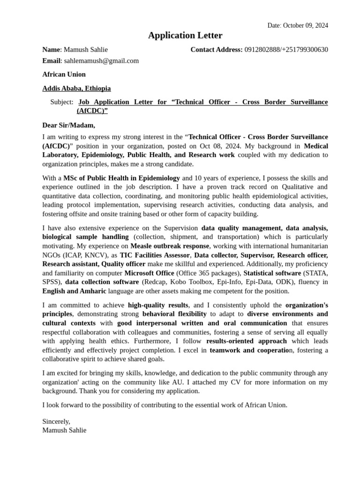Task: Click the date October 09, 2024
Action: click(x=305, y=25)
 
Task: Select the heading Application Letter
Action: click(x=185, y=36)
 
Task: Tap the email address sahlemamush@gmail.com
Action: click(x=101, y=60)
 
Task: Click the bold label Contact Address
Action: click(x=216, y=50)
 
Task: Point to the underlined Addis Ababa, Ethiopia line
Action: click(x=76, y=88)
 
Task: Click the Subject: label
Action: click(x=61, y=102)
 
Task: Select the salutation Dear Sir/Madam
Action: click(x=68, y=125)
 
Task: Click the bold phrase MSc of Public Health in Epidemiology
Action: click(x=121, y=178)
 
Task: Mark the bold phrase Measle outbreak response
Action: click(x=170, y=246)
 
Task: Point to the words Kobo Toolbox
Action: click(x=201, y=282)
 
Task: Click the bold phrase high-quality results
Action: click(x=158, y=305)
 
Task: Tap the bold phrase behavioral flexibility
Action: click(x=174, y=314)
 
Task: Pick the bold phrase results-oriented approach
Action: click(x=247, y=341)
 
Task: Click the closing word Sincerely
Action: click(x=56, y=421)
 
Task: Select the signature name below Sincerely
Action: click(x=64, y=430)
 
